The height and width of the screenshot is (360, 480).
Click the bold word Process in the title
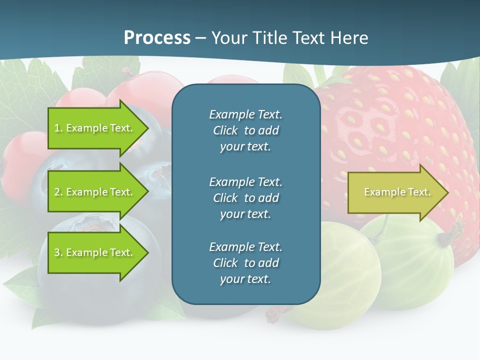157,38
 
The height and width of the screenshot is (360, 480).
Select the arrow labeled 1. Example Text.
95,128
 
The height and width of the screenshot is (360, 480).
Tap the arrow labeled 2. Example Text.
95,192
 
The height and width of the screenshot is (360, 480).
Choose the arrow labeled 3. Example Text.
95,252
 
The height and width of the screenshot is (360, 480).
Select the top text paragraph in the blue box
245,130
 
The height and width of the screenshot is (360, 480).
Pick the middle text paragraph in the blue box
245,197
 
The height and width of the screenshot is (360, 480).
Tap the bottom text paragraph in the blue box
245,263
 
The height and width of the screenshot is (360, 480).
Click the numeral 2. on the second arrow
58,192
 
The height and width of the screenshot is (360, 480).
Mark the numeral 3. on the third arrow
58,252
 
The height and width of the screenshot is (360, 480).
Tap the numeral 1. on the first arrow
58,128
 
